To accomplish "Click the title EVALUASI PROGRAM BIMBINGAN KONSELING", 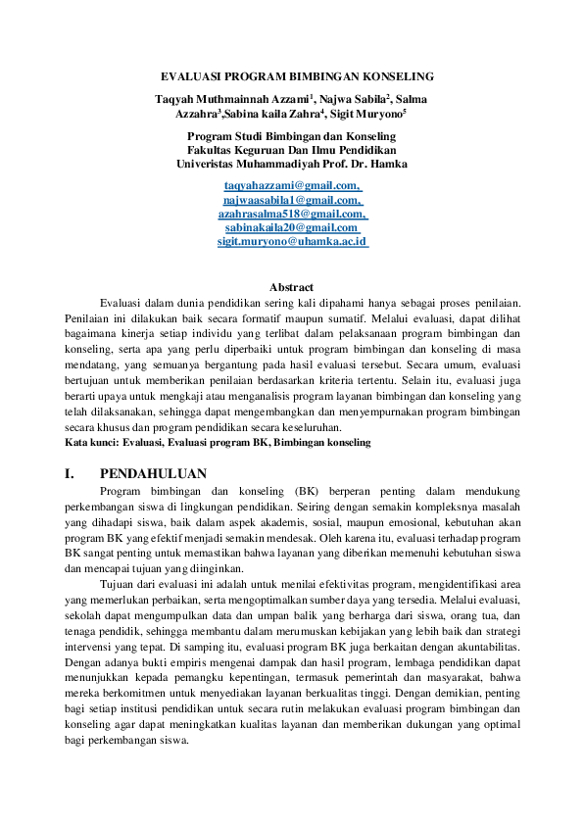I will [x=291, y=76].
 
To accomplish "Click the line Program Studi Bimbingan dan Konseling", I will [x=291, y=136].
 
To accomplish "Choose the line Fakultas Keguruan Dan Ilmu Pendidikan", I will [x=291, y=150].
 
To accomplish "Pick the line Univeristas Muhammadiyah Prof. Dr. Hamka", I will [x=291, y=164].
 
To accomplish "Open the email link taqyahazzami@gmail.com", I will [x=291, y=185].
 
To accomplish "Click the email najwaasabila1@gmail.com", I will [x=291, y=199].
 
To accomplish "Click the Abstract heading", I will [x=291, y=287].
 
